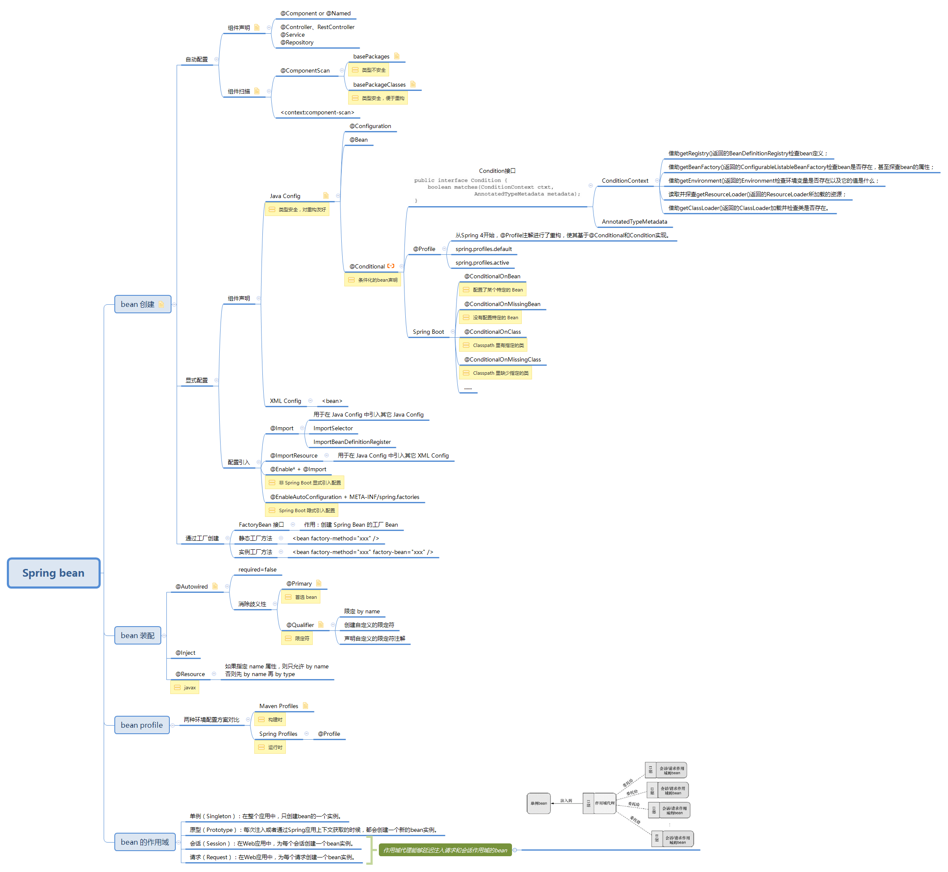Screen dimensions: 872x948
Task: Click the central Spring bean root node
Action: click(53, 573)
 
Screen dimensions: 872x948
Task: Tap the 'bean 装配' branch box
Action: click(137, 636)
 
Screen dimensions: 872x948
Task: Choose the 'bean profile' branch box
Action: click(142, 725)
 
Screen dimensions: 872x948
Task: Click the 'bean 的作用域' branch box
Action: click(144, 842)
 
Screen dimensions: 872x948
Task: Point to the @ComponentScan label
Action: click(305, 71)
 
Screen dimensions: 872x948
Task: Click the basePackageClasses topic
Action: click(379, 85)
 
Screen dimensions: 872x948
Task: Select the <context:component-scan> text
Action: click(317, 113)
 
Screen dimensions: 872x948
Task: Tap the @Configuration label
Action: click(370, 126)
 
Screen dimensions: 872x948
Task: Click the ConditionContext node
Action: click(625, 181)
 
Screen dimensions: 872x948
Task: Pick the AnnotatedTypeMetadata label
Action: click(634, 222)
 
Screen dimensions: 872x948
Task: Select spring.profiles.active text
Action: click(482, 263)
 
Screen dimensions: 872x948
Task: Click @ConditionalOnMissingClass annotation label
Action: click(502, 359)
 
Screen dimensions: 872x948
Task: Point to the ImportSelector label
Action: click(333, 429)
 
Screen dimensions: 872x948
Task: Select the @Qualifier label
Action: click(300, 625)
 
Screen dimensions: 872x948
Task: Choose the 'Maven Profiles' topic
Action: click(279, 706)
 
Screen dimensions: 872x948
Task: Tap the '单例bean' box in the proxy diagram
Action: click(538, 803)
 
